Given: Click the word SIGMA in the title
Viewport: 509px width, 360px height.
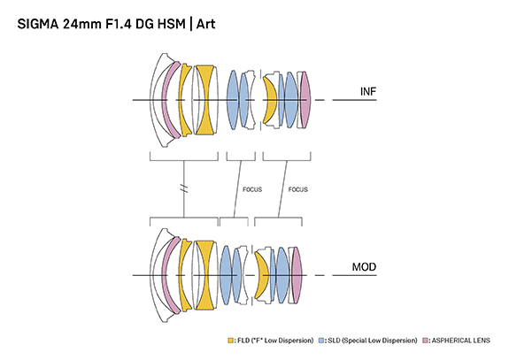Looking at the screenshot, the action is point(38,24).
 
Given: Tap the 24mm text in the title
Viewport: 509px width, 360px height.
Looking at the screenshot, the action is point(82,24).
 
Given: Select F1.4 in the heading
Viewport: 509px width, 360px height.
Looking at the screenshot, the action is point(118,24).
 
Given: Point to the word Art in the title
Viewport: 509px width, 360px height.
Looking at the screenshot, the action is point(205,24).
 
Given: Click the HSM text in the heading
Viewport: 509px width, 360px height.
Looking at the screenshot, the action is point(172,24).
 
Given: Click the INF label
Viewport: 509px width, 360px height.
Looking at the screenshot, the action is point(368,91).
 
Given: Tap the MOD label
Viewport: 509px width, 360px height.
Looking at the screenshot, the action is point(364,267).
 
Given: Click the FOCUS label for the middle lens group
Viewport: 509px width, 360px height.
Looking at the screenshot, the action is point(252,189).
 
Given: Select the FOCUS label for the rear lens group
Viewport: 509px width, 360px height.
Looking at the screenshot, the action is point(298,189).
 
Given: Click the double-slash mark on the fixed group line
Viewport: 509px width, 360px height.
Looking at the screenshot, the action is point(184,188).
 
